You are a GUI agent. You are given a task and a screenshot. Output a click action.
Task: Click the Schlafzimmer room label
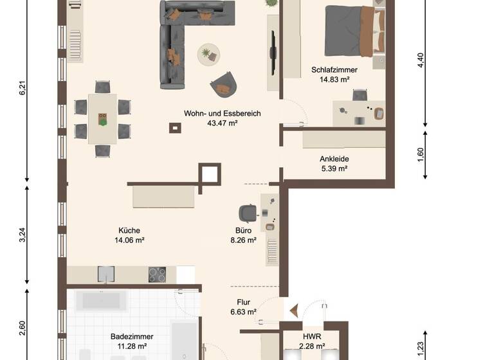point(334,69)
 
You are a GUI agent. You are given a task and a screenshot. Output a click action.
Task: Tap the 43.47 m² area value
point(223,123)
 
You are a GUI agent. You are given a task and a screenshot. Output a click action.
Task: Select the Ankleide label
point(334,159)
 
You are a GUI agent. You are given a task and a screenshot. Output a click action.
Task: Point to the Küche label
point(129,231)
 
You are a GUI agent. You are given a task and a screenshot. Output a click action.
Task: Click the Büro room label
point(243,231)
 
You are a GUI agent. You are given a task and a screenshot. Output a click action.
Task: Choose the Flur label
point(243,302)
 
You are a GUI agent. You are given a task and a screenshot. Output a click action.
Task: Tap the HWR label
point(312,336)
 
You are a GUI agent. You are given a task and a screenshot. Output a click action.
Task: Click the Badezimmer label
point(132,336)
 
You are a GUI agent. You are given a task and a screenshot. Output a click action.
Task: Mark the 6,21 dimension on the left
point(23,88)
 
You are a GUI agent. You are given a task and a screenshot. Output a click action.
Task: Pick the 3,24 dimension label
point(23,235)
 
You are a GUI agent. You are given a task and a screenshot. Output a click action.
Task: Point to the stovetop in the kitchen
point(158,274)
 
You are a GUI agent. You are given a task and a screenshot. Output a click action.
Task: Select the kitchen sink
point(105,274)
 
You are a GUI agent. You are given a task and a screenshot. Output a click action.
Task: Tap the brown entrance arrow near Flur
point(293,311)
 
